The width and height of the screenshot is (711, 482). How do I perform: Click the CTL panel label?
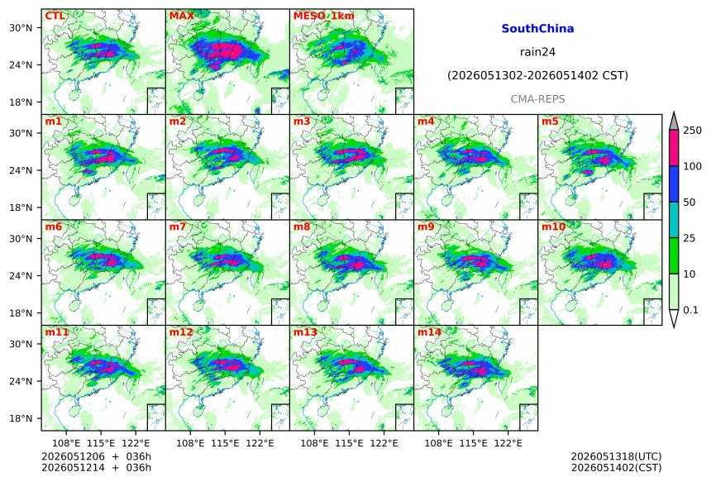coord(55,16)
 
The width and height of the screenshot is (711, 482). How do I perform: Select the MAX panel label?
coord(181,16)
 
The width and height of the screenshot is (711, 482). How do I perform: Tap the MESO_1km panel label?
coord(324,16)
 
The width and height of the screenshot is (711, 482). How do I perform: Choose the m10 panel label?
coord(553,227)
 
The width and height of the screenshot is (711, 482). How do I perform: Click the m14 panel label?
coord(429,332)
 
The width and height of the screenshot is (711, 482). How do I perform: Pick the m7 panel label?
coord(178,227)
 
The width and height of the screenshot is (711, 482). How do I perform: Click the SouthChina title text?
coord(537,29)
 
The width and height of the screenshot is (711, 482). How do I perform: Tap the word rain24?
coord(537,52)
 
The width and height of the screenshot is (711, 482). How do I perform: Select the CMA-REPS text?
coord(537,99)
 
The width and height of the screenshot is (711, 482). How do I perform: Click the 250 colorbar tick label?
coord(693,131)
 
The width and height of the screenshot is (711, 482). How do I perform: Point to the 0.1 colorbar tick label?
coord(690,310)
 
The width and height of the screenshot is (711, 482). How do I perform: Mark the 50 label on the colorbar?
coord(690,203)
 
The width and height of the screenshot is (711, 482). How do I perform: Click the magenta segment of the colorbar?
coord(674,148)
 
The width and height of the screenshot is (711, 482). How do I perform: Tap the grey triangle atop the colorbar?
coord(674,122)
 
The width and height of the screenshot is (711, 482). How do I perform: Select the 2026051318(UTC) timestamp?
coord(616,456)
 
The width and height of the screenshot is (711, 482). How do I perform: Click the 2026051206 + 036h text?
coord(96,456)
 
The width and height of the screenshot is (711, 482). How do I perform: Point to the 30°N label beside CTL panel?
coord(21,28)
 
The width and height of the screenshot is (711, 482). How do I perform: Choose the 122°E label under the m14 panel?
coord(508,443)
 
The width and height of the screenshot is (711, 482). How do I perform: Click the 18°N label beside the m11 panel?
coord(21,418)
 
